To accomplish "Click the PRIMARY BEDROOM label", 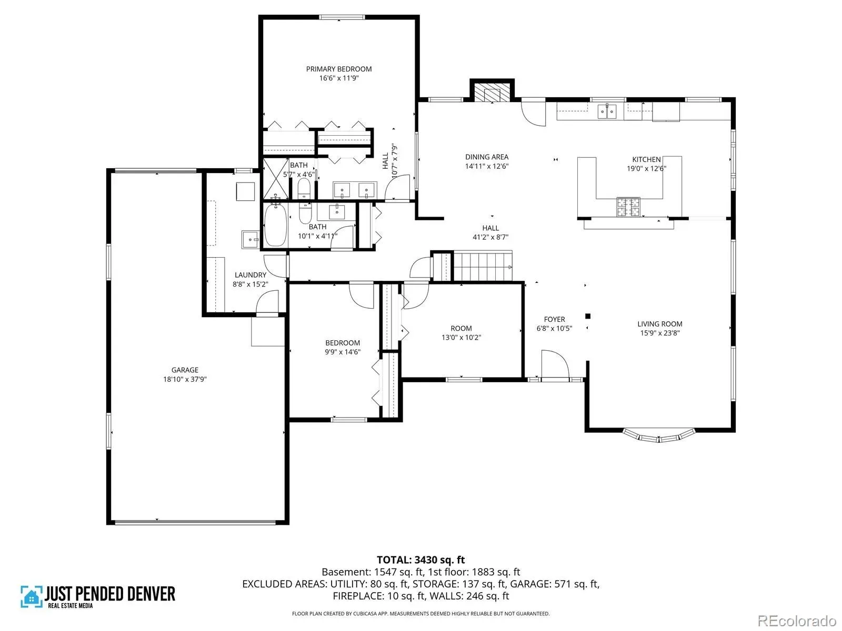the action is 339,69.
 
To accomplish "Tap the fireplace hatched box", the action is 492,93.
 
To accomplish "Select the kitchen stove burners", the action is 628,207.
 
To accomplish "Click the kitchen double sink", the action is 607,111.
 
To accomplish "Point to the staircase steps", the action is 483,266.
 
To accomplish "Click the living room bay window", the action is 659,435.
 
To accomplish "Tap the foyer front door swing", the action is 555,363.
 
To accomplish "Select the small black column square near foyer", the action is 587,316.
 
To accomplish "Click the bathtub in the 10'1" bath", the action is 275,225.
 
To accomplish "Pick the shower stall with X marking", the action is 276,179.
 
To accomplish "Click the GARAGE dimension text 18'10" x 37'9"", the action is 185,379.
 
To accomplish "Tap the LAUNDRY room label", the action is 250,274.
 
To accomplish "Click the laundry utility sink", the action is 250,239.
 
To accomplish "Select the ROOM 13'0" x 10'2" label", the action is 461,332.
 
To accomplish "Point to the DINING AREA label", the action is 487,157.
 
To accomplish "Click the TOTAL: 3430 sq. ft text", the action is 421,559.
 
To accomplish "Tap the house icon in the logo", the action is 32,596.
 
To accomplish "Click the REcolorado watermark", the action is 797,620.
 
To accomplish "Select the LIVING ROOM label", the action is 660,324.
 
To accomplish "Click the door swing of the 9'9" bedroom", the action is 362,296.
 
